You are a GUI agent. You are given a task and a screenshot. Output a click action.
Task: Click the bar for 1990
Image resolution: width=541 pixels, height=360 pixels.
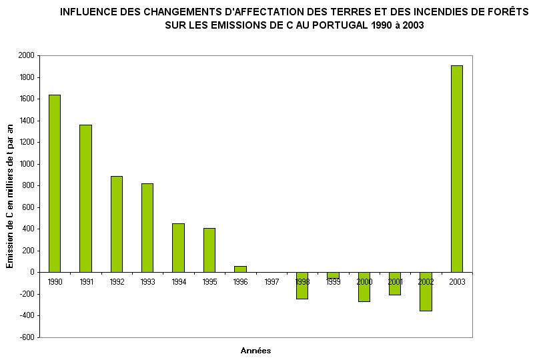pyautogui.click(x=55, y=183)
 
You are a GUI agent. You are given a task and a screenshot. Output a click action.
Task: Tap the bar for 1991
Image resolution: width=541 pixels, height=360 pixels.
pyautogui.click(x=85, y=198)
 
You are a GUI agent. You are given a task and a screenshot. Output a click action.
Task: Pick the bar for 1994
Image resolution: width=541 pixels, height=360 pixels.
pyautogui.click(x=178, y=247)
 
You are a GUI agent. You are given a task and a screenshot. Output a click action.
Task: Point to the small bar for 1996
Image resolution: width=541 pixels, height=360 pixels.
pyautogui.click(x=240, y=269)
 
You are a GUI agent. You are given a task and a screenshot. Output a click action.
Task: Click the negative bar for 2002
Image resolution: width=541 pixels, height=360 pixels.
pyautogui.click(x=426, y=291)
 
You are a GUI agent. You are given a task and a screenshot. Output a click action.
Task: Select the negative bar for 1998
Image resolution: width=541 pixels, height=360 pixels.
pyautogui.click(x=302, y=285)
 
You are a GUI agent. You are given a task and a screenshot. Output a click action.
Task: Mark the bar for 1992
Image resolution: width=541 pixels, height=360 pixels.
pyautogui.click(x=117, y=224)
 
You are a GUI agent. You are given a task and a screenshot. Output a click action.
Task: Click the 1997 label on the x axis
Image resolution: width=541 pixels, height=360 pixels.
pyautogui.click(x=272, y=282)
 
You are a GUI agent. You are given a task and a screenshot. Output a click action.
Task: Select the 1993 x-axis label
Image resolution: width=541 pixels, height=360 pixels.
pyautogui.click(x=147, y=282)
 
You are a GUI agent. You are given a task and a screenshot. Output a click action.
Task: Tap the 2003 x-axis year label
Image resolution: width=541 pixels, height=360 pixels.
pyautogui.click(x=456, y=282)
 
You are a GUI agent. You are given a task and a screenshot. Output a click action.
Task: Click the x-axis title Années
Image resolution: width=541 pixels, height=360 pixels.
pyautogui.click(x=255, y=351)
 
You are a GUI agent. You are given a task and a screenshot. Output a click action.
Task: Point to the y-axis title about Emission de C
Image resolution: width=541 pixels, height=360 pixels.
pyautogui.click(x=10, y=197)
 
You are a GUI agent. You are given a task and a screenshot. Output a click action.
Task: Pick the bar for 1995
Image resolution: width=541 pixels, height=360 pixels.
pyautogui.click(x=209, y=250)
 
